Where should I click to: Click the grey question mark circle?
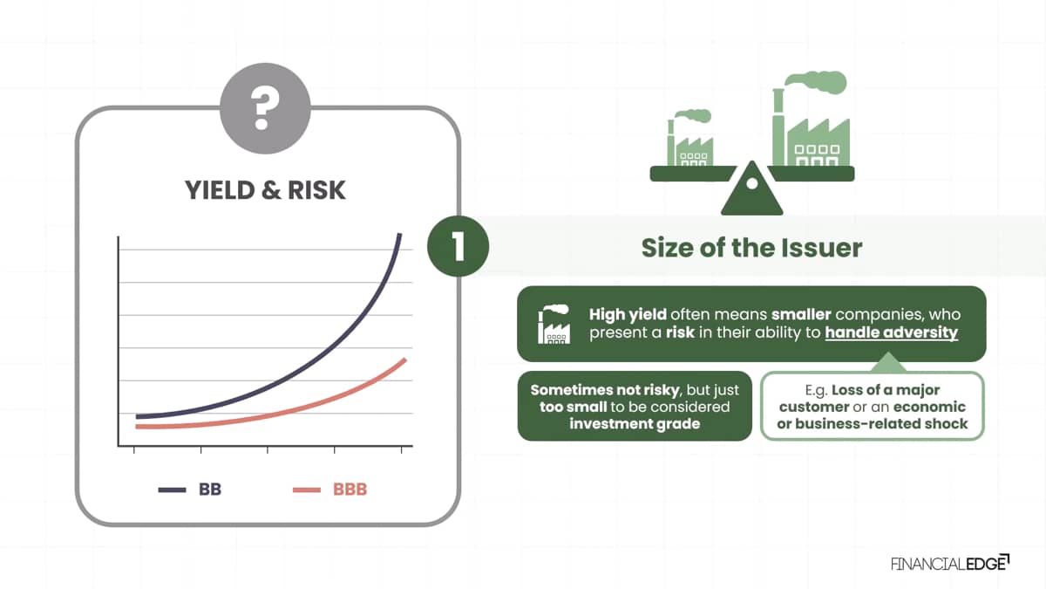pyautogui.click(x=265, y=108)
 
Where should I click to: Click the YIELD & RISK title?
pyautogui.click(x=265, y=190)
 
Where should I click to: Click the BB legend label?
pyautogui.click(x=210, y=490)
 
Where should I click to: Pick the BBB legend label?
pyautogui.click(x=350, y=490)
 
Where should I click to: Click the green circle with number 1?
pyautogui.click(x=458, y=246)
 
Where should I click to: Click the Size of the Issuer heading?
pyautogui.click(x=751, y=248)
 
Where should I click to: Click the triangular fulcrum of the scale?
pyautogui.click(x=751, y=188)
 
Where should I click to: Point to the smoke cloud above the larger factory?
pyautogui.click(x=816, y=81)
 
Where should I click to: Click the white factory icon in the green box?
pyautogui.click(x=554, y=324)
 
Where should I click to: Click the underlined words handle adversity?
pyautogui.click(x=892, y=332)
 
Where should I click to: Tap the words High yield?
pyautogui.click(x=628, y=315)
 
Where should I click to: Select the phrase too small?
pyautogui.click(x=573, y=407)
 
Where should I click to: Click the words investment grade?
pyautogui.click(x=635, y=423)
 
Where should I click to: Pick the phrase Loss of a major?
pyautogui.click(x=886, y=390)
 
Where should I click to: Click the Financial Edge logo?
pyautogui.click(x=950, y=564)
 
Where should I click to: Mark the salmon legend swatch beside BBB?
pyautogui.click(x=307, y=490)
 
